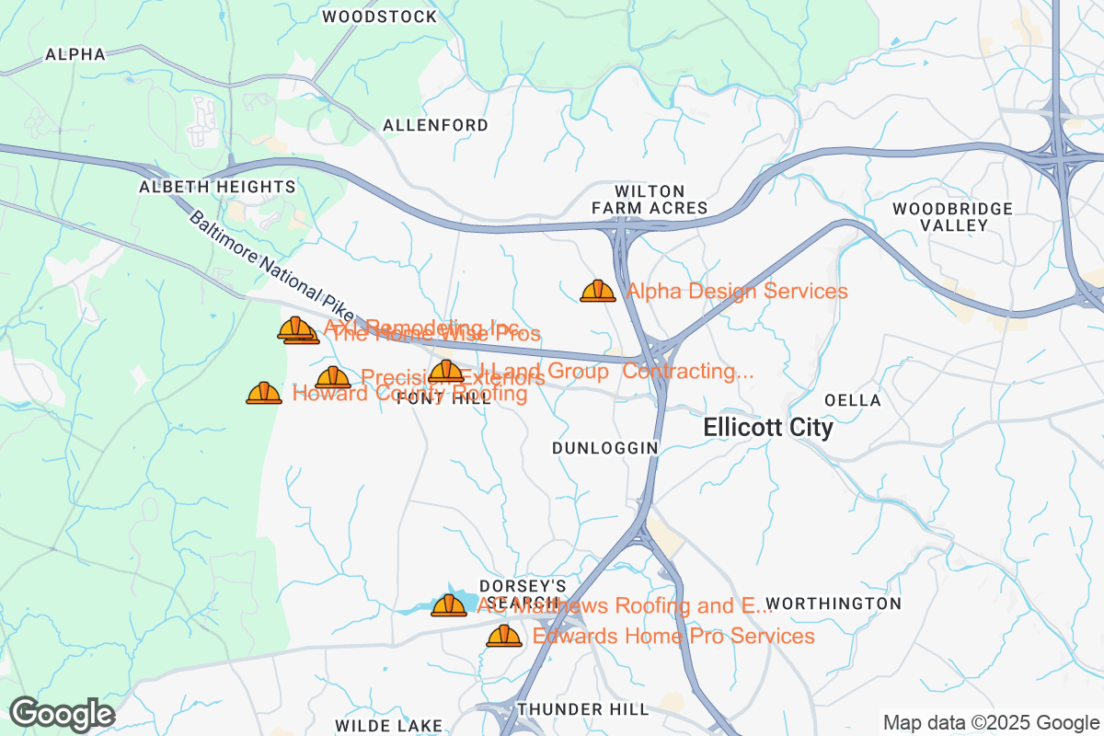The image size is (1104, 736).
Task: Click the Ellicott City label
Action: [x=768, y=428]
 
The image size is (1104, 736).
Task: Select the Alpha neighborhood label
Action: [x=75, y=54]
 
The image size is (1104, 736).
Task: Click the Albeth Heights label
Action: [x=217, y=187]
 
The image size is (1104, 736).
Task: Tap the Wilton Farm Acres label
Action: [x=650, y=200]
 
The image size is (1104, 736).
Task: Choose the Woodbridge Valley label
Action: [x=952, y=217]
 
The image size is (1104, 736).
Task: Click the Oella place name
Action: [x=853, y=400]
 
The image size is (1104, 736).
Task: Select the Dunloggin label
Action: [x=605, y=447]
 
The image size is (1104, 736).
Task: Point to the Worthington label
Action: [x=834, y=604]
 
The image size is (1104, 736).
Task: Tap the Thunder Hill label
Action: [x=583, y=709]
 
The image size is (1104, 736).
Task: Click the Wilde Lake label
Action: [x=389, y=726]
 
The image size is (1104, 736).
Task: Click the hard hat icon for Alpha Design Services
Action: [x=598, y=292]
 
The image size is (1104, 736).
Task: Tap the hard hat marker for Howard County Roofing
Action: [x=264, y=394]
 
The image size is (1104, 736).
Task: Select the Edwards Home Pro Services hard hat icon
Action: [x=503, y=636]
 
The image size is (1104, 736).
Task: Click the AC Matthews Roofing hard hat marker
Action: [x=449, y=605]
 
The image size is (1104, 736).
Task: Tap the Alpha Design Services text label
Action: [x=737, y=292]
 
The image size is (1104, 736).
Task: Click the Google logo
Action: [x=63, y=714]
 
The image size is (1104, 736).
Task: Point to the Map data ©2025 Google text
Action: [x=991, y=722]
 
